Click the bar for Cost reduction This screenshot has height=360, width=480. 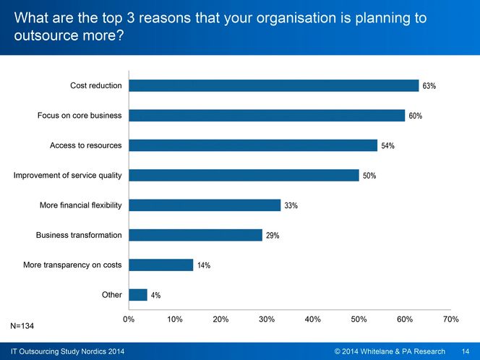coord(273,86)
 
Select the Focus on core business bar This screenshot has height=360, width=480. coord(266,116)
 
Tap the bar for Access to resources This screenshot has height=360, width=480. coord(252,145)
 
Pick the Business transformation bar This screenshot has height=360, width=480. coord(195,235)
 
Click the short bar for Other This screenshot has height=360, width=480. coord(137,295)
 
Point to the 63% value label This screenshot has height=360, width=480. coord(429,87)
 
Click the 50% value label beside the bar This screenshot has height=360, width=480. coord(369,176)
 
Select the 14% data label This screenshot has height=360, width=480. coord(204,265)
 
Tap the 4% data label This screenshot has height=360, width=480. coord(155,296)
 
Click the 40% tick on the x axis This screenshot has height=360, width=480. coord(313,319)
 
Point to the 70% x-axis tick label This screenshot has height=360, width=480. coord(450,319)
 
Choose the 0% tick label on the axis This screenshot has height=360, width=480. coord(129,319)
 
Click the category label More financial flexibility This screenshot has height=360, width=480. coord(80,205)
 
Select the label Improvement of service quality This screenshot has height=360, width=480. coord(68,175)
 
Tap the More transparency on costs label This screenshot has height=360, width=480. coord(72,265)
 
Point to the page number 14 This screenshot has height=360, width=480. coord(466,351)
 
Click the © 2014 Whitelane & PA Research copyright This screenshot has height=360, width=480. coord(390,351)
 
